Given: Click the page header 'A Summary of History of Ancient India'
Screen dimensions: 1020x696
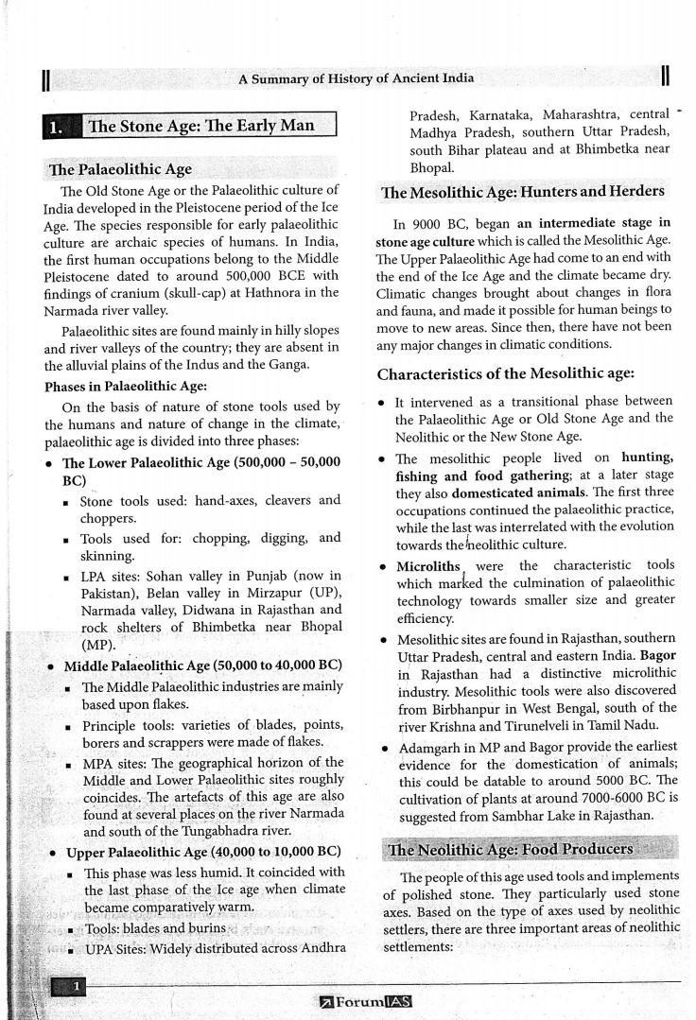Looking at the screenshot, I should (357, 78).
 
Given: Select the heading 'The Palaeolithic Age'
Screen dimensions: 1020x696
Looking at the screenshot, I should (120, 169).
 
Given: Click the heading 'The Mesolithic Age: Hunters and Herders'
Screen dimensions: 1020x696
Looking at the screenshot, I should (522, 191).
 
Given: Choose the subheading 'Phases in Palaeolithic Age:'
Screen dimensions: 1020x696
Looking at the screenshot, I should (126, 387).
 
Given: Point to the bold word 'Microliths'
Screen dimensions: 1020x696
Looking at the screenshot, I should (426, 565).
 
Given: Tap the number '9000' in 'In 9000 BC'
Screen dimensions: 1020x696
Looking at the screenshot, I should (428, 225).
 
